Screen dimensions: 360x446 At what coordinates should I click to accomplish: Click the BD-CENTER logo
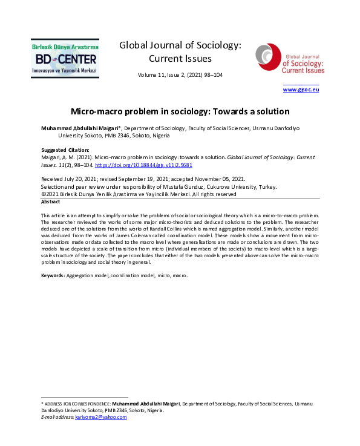(65, 58)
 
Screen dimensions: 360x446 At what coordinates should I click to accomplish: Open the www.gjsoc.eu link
(301, 90)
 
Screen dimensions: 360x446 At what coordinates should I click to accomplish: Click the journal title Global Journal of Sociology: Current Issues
(180, 51)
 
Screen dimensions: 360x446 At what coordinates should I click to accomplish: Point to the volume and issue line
(180, 76)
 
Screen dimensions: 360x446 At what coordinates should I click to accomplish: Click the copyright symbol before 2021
(44, 194)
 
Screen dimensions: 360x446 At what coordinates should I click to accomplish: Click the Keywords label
(53, 275)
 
